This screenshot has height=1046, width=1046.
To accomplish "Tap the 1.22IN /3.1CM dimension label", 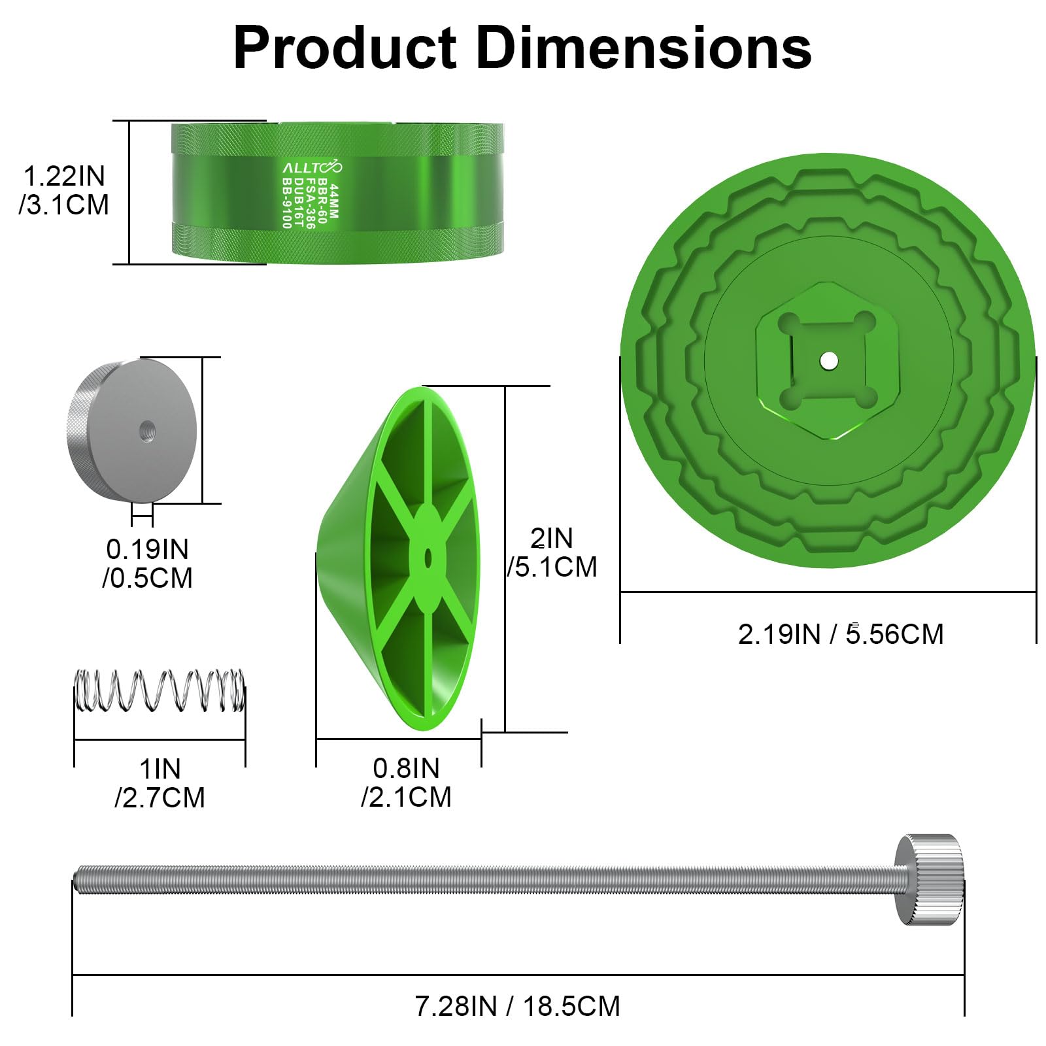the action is pyautogui.click(x=64, y=190).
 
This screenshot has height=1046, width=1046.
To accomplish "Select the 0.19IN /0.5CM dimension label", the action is pyautogui.click(x=148, y=564).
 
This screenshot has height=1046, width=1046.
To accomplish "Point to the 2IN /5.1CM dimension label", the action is pyautogui.click(x=552, y=552).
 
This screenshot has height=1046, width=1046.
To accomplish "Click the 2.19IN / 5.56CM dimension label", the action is pyautogui.click(x=841, y=634).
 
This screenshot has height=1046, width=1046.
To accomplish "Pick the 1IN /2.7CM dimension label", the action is pyautogui.click(x=160, y=783).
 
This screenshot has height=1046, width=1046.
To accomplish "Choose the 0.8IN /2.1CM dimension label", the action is pyautogui.click(x=407, y=783).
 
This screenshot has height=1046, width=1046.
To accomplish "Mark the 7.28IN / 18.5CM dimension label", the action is pyautogui.click(x=517, y=1006).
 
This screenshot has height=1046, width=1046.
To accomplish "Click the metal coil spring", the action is pyautogui.click(x=160, y=690).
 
